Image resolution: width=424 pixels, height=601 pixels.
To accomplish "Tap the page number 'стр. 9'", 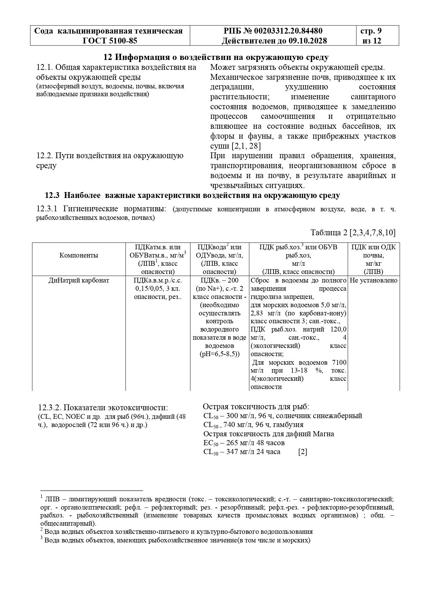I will pyautogui.click(x=371, y=31).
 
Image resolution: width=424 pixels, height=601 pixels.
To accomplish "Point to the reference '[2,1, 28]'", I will pyautogui.click(x=246, y=146).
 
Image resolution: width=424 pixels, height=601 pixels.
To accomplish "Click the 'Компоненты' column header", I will pyautogui.click(x=79, y=255).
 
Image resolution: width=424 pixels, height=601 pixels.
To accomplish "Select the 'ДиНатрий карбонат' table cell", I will pyautogui.click(x=79, y=280).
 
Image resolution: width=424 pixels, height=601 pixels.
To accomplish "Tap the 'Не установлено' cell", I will pyautogui.click(x=374, y=280).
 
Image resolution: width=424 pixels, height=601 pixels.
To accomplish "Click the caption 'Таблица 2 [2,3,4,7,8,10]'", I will pyautogui.click(x=353, y=233).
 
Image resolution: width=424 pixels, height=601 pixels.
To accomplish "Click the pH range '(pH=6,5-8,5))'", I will pyautogui.click(x=220, y=354).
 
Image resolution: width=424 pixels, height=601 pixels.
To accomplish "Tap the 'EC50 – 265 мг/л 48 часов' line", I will pyautogui.click(x=244, y=443).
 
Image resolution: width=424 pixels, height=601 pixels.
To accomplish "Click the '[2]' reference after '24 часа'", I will pyautogui.click(x=303, y=452).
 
